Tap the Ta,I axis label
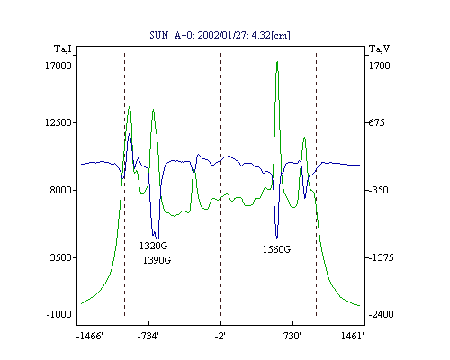(63, 49)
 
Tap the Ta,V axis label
(379, 49)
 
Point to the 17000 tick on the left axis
(58, 66)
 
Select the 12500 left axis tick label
(58, 122)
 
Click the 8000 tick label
(61, 190)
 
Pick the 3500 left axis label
(61, 257)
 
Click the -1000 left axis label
(59, 314)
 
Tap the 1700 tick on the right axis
(379, 66)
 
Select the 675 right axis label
(376, 122)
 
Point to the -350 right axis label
(378, 190)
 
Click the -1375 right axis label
(381, 257)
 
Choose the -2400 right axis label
(381, 314)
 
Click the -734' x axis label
(148, 336)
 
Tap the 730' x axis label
(292, 336)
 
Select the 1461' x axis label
(353, 336)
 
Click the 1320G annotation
(153, 246)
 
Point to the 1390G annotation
(157, 260)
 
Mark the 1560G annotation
(276, 249)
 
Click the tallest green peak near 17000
(277, 62)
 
